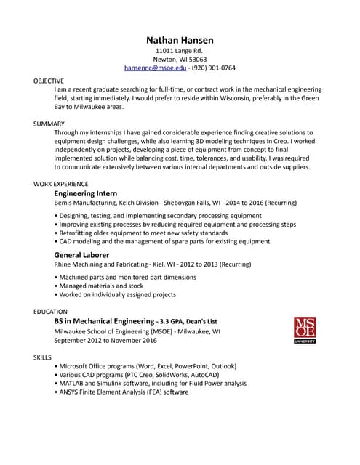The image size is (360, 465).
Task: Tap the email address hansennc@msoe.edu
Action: click(156, 68)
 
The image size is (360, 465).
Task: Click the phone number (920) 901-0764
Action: click(213, 68)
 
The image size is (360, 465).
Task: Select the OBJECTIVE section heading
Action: click(49, 81)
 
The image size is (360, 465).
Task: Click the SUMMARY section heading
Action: click(49, 124)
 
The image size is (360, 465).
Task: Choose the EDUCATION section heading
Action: click(51, 311)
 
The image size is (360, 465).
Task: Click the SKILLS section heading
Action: click(43, 357)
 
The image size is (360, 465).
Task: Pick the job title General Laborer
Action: click(81, 256)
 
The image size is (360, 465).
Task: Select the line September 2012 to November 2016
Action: click(105, 340)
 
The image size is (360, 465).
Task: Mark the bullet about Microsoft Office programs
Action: click(145, 366)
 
